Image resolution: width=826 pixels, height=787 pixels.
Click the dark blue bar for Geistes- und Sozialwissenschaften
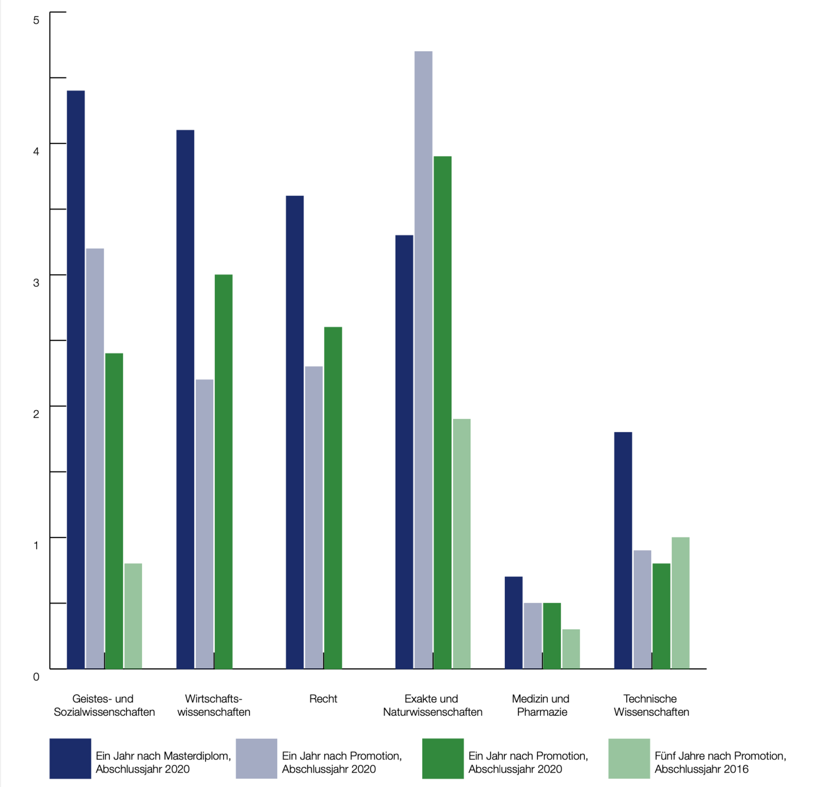coord(76,380)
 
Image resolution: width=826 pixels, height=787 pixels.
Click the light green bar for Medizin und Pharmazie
coord(571,649)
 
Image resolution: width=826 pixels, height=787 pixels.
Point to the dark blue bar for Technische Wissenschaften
coord(623,550)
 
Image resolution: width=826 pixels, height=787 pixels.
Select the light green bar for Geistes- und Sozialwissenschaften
coord(133,616)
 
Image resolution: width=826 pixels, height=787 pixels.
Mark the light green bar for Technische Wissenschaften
coord(680,603)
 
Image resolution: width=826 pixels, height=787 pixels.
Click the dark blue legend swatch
coord(70,758)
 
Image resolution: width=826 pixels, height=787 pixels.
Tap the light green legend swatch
coord(629,758)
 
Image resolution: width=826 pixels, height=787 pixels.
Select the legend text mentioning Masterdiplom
coord(163,762)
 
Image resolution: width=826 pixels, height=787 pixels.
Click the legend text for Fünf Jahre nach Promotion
coord(720,762)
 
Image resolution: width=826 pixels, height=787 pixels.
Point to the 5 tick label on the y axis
coord(36,20)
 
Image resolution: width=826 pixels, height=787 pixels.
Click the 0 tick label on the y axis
coord(36,676)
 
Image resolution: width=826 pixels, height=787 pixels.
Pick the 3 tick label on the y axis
coord(36,282)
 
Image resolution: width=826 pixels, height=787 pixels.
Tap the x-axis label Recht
coord(323,699)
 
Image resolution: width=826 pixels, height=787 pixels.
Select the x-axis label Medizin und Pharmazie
coord(541,705)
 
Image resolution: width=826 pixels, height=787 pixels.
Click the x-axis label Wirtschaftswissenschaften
coord(214,705)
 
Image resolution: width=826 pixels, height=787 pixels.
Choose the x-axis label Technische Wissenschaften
coord(651,705)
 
